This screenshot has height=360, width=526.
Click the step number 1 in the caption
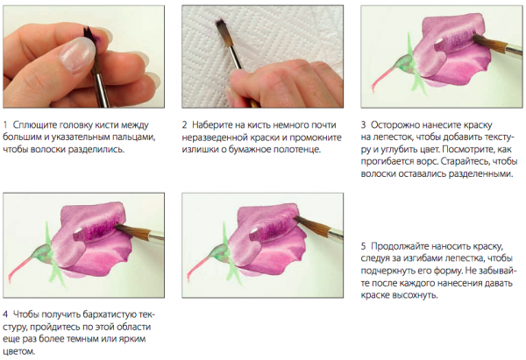point(5,125)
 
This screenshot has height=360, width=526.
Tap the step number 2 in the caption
point(184,125)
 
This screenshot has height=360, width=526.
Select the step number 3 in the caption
point(363,125)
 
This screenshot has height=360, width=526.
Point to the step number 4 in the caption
point(5,314)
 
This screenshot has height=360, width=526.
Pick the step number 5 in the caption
point(363,246)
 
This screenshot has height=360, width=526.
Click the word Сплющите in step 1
point(35,125)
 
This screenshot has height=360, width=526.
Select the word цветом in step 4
point(19,351)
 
